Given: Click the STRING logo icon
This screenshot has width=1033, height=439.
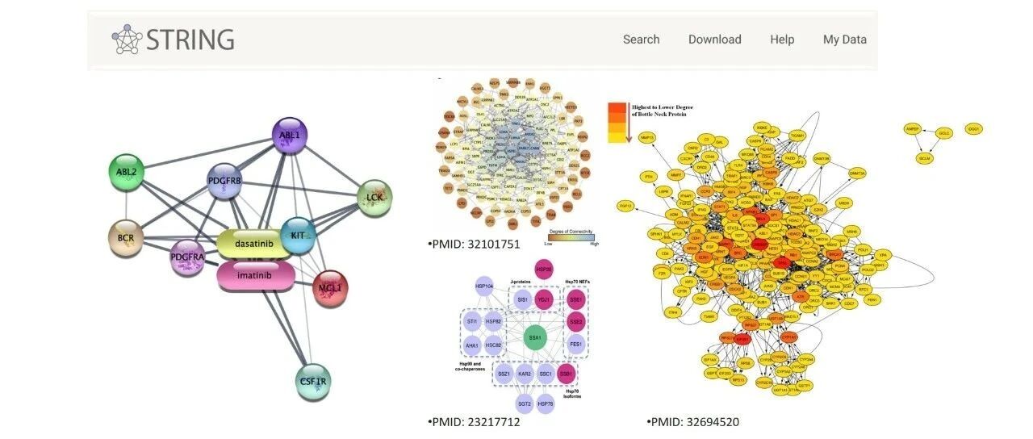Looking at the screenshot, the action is point(127,40).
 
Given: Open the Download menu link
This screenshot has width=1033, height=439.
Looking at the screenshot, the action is point(714,40).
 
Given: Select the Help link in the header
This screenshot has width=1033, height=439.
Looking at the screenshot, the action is point(782,40).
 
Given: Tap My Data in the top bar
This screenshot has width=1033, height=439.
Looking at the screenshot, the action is point(844,40).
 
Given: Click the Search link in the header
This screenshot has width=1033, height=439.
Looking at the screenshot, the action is point(641,40).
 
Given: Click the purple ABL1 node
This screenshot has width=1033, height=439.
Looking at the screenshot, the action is point(289,136).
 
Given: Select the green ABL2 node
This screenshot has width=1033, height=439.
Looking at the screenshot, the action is point(127,173).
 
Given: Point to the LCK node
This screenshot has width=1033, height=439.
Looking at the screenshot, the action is point(374,197).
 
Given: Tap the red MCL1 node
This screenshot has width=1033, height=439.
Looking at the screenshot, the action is point(329,288).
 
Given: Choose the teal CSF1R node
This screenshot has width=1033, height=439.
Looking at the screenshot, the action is point(314,381).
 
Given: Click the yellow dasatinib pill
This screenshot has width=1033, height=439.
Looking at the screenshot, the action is point(257,242).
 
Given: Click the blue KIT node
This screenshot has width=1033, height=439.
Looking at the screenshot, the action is point(297,236).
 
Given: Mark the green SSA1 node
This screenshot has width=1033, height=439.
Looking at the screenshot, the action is point(534,337).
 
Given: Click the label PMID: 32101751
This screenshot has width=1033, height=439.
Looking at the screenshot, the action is point(474,245).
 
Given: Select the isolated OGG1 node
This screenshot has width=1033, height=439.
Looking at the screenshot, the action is point(974,129).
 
